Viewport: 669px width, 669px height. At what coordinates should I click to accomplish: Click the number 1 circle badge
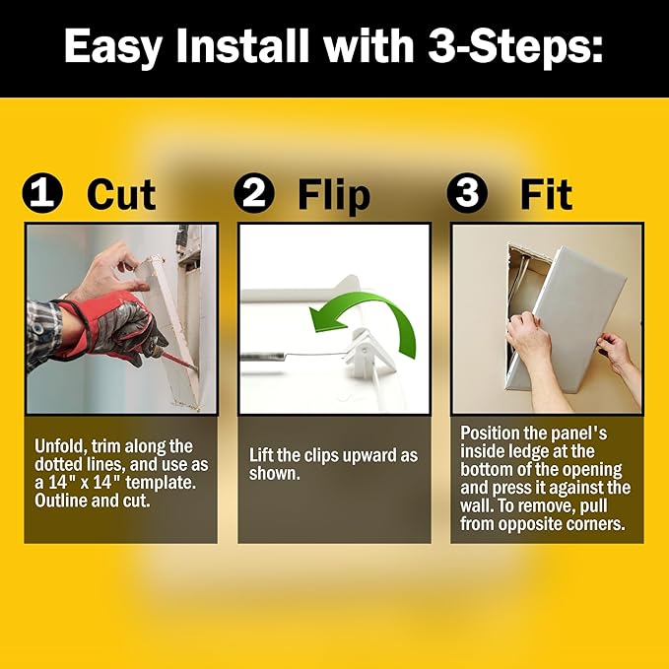[42, 193]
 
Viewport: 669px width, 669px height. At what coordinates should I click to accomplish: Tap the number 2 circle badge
[254, 193]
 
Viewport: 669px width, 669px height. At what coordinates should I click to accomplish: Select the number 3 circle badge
[468, 193]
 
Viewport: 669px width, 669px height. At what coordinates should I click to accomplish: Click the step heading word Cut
[121, 194]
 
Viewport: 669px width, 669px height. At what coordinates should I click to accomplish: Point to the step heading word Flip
[334, 196]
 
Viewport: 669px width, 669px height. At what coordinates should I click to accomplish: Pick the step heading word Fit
[546, 194]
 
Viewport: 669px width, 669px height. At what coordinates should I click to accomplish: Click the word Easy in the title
[113, 47]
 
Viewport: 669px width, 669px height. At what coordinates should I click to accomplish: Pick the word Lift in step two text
[260, 455]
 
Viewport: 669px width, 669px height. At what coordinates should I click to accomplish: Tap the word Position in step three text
[490, 434]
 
